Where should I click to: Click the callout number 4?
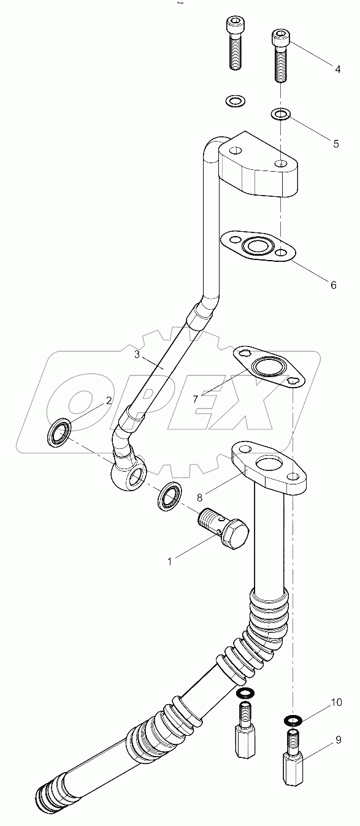click(x=338, y=69)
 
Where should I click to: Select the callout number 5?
click(x=336, y=143)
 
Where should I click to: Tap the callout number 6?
click(x=333, y=285)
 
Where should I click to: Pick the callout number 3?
click(x=138, y=355)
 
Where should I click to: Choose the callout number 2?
click(x=109, y=400)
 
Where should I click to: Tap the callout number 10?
click(x=337, y=703)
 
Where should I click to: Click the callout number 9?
click(x=336, y=741)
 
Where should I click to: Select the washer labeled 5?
click(x=281, y=115)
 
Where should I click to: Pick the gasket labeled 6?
click(x=258, y=247)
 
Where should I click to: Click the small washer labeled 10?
click(x=293, y=719)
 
